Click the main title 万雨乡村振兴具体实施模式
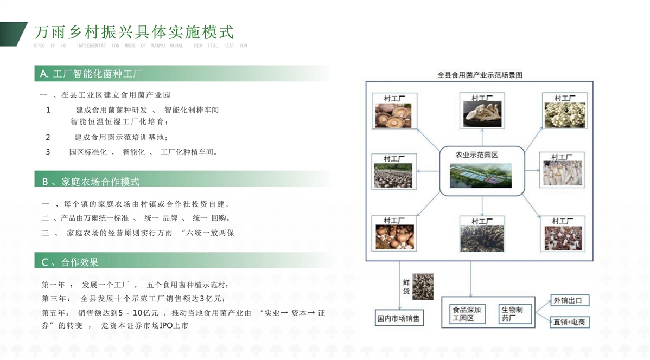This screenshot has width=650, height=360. [x=134, y=32]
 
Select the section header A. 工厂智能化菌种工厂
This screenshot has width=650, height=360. [x=91, y=74]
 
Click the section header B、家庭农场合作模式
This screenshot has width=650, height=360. [x=91, y=182]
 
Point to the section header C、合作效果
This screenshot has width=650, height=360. [x=69, y=262]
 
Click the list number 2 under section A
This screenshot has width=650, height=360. [x=48, y=137]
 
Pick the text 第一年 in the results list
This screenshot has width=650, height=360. [x=54, y=285]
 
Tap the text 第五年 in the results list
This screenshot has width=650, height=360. [x=54, y=313]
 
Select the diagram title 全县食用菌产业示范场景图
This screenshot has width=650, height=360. [x=480, y=75]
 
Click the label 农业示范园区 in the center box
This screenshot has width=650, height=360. [x=477, y=155]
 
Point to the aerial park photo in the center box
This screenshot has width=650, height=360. [x=481, y=175]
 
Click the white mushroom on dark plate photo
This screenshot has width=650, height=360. [x=482, y=114]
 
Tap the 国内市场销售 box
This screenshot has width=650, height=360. [x=399, y=318]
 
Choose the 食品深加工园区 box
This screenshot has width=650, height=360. [x=467, y=313]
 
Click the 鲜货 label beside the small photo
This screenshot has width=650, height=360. [x=406, y=287]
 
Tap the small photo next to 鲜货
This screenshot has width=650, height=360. [x=423, y=286]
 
